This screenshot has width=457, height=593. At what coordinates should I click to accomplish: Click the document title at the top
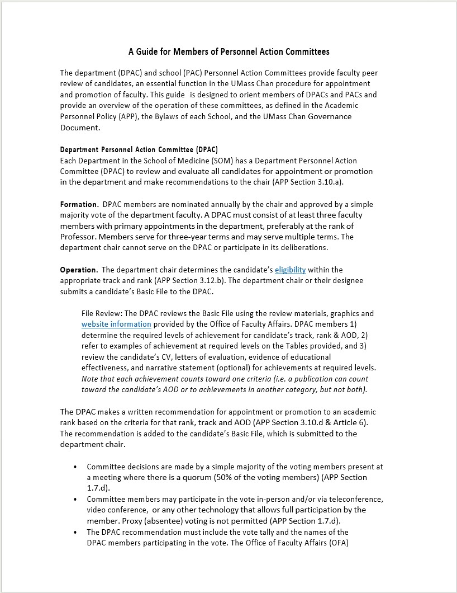click(229, 52)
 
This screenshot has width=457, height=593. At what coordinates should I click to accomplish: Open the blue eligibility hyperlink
click(290, 270)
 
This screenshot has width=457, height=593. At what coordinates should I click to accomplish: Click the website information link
click(116, 324)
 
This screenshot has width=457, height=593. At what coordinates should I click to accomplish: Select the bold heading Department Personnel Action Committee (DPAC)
click(139, 150)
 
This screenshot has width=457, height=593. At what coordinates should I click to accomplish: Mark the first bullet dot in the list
click(75, 467)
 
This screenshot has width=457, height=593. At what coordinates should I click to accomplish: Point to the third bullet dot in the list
click(75, 532)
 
